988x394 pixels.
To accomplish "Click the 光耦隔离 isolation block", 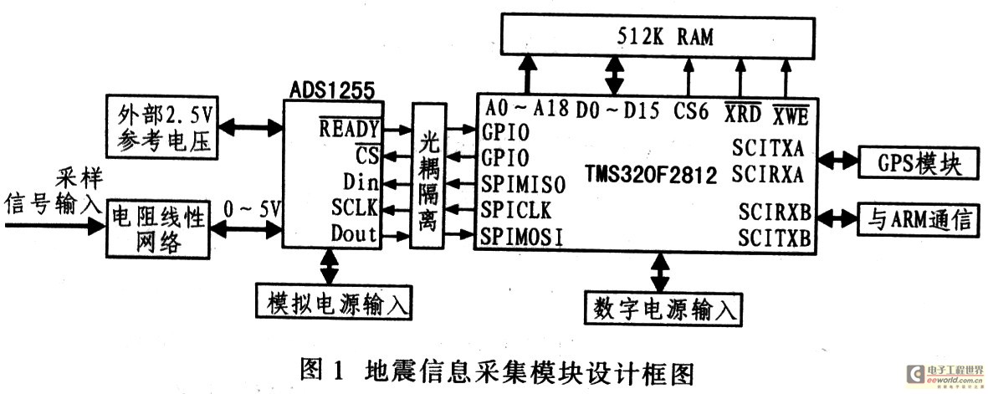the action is (x=427, y=176).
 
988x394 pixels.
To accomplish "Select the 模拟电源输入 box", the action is (x=333, y=301).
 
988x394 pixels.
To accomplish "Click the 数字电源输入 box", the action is (x=663, y=309).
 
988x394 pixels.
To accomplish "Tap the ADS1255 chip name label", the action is (x=331, y=90).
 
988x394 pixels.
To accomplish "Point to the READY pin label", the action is (x=349, y=128).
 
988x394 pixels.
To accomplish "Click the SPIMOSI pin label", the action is (x=522, y=237).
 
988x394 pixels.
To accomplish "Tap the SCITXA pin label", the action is (x=768, y=149).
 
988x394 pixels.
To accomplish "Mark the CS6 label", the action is (x=690, y=110).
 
